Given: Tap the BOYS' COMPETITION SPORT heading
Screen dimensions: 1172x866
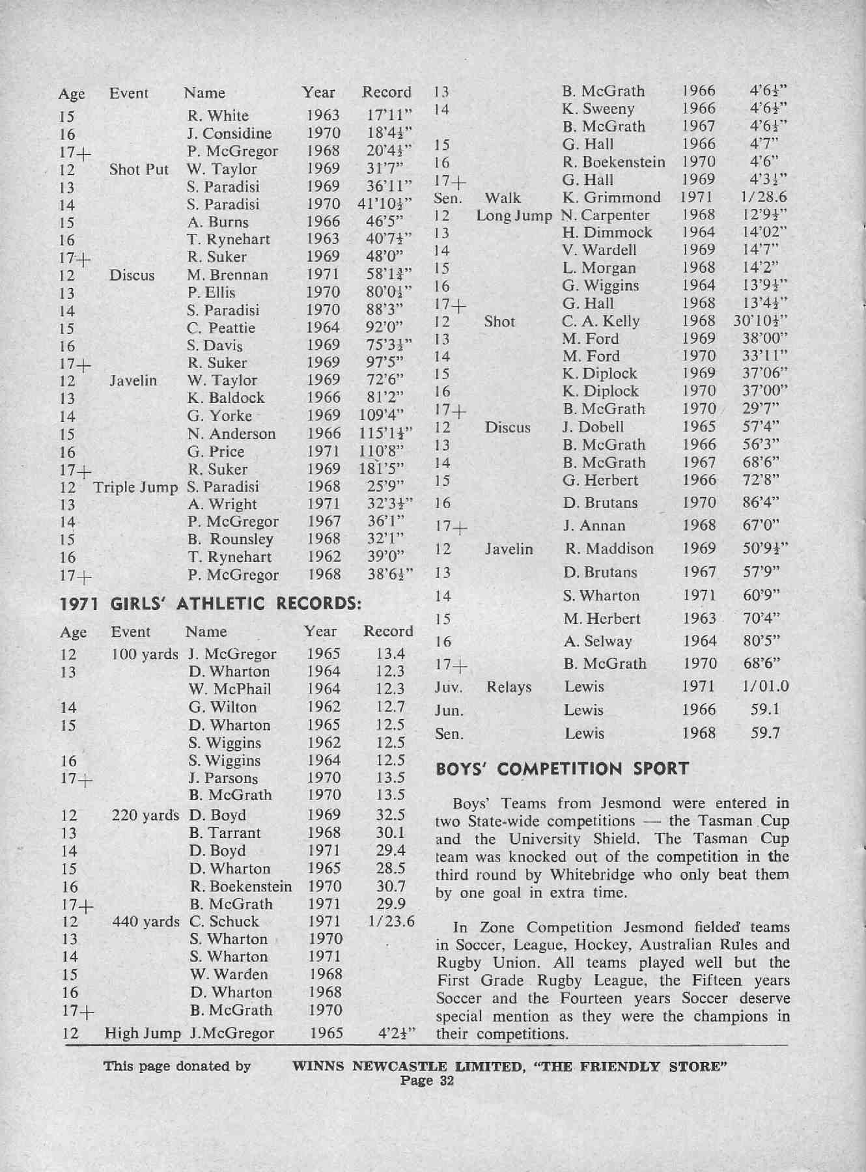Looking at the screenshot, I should click(x=562, y=769).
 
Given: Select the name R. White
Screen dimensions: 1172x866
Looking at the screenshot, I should click(x=218, y=116).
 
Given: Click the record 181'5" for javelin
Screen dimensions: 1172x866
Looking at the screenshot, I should click(x=382, y=469).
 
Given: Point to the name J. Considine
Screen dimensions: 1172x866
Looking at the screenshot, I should click(x=229, y=133).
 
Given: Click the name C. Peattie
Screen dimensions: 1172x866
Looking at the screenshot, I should click(x=221, y=328).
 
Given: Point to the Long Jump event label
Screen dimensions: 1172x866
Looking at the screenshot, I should click(x=514, y=215).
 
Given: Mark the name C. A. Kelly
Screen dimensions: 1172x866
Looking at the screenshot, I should click(x=600, y=321).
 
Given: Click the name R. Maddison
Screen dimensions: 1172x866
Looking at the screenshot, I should click(x=609, y=549).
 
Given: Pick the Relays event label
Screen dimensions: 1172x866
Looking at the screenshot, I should click(x=509, y=687).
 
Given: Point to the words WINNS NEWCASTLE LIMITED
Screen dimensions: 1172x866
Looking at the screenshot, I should click(x=407, y=1067).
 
